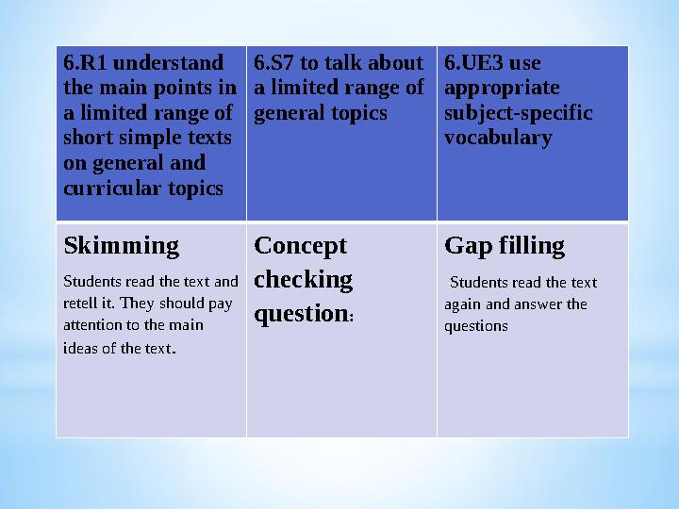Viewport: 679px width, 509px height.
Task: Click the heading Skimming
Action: pyautogui.click(x=121, y=246)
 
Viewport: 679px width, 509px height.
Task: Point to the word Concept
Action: pyautogui.click(x=301, y=246)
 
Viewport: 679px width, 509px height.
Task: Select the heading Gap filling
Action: pyautogui.click(x=505, y=246)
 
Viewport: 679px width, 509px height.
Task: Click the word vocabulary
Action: pyautogui.click(x=498, y=138)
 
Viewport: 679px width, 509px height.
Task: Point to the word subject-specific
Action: pyautogui.click(x=518, y=113)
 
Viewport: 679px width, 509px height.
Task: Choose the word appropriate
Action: pyautogui.click(x=502, y=89)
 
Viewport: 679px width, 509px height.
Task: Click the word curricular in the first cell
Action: pyautogui.click(x=105, y=188)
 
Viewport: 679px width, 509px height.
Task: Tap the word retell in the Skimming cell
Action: pyautogui.click(x=79, y=304)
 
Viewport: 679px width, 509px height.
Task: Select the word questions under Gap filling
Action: pyautogui.click(x=476, y=326)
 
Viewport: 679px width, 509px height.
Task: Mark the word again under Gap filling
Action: pyautogui.click(x=461, y=304)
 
